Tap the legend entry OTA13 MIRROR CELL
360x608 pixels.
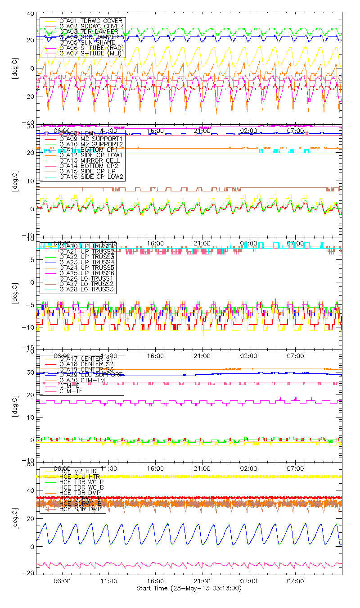[85, 160]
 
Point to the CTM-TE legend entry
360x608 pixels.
[72, 391]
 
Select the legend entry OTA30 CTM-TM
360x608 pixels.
[81, 380]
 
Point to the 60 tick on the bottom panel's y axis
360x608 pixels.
[31, 463]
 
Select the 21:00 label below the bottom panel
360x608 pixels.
[202, 581]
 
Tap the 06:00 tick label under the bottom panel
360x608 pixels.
[62, 581]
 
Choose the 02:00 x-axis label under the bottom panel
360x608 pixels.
[248, 581]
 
